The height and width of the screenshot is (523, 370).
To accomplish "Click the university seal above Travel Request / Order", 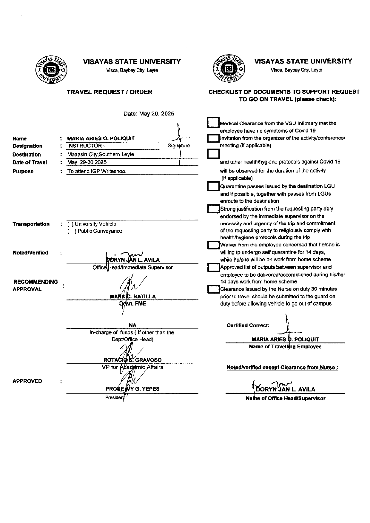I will point(52,70).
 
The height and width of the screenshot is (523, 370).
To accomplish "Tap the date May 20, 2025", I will point(149,114).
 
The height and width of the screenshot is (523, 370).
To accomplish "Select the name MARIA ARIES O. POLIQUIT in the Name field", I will point(101,138).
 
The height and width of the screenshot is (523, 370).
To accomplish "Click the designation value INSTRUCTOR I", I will point(86,146).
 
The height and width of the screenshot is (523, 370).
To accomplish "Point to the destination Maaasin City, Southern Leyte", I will point(101,155).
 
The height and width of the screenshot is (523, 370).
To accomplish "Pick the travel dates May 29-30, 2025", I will point(87,162).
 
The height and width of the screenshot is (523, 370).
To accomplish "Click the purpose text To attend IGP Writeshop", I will point(97,171).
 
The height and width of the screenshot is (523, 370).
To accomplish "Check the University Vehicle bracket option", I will point(70,224).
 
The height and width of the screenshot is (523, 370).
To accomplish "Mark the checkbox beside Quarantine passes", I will point(213,186).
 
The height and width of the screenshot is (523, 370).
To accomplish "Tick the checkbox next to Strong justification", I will point(213,209).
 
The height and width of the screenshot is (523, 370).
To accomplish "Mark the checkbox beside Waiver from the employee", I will point(213,245).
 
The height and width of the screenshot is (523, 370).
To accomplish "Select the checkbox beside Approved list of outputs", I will point(213,267).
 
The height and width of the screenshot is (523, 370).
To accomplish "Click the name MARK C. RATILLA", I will point(133,297).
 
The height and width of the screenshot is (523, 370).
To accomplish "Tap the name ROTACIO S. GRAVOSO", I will point(132,360).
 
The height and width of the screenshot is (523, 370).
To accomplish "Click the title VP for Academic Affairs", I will point(132,367).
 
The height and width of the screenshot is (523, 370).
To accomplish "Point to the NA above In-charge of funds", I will point(132,325).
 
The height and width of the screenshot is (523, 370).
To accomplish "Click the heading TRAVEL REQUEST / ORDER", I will point(110,92).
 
